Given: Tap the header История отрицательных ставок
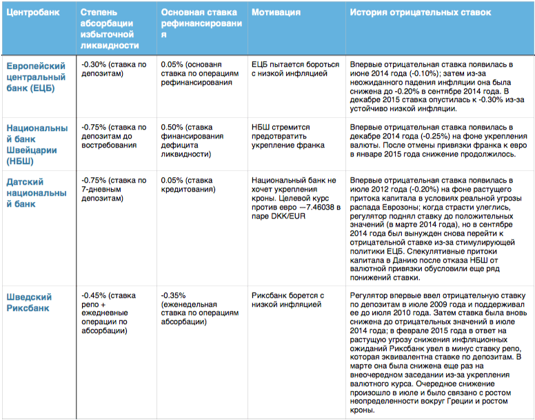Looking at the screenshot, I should [x=420, y=13].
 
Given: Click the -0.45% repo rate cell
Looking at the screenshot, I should [x=110, y=313].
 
